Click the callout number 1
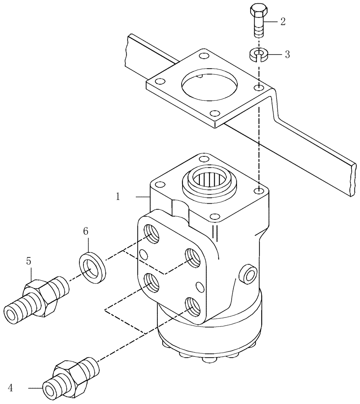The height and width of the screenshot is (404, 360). coord(117,197)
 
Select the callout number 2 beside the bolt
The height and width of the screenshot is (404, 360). coord(283,22)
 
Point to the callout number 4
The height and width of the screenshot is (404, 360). coord(11,388)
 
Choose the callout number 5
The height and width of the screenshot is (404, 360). coord(29,261)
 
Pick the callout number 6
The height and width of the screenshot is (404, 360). coord(86,231)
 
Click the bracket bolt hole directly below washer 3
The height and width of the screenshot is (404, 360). coord(258,88)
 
